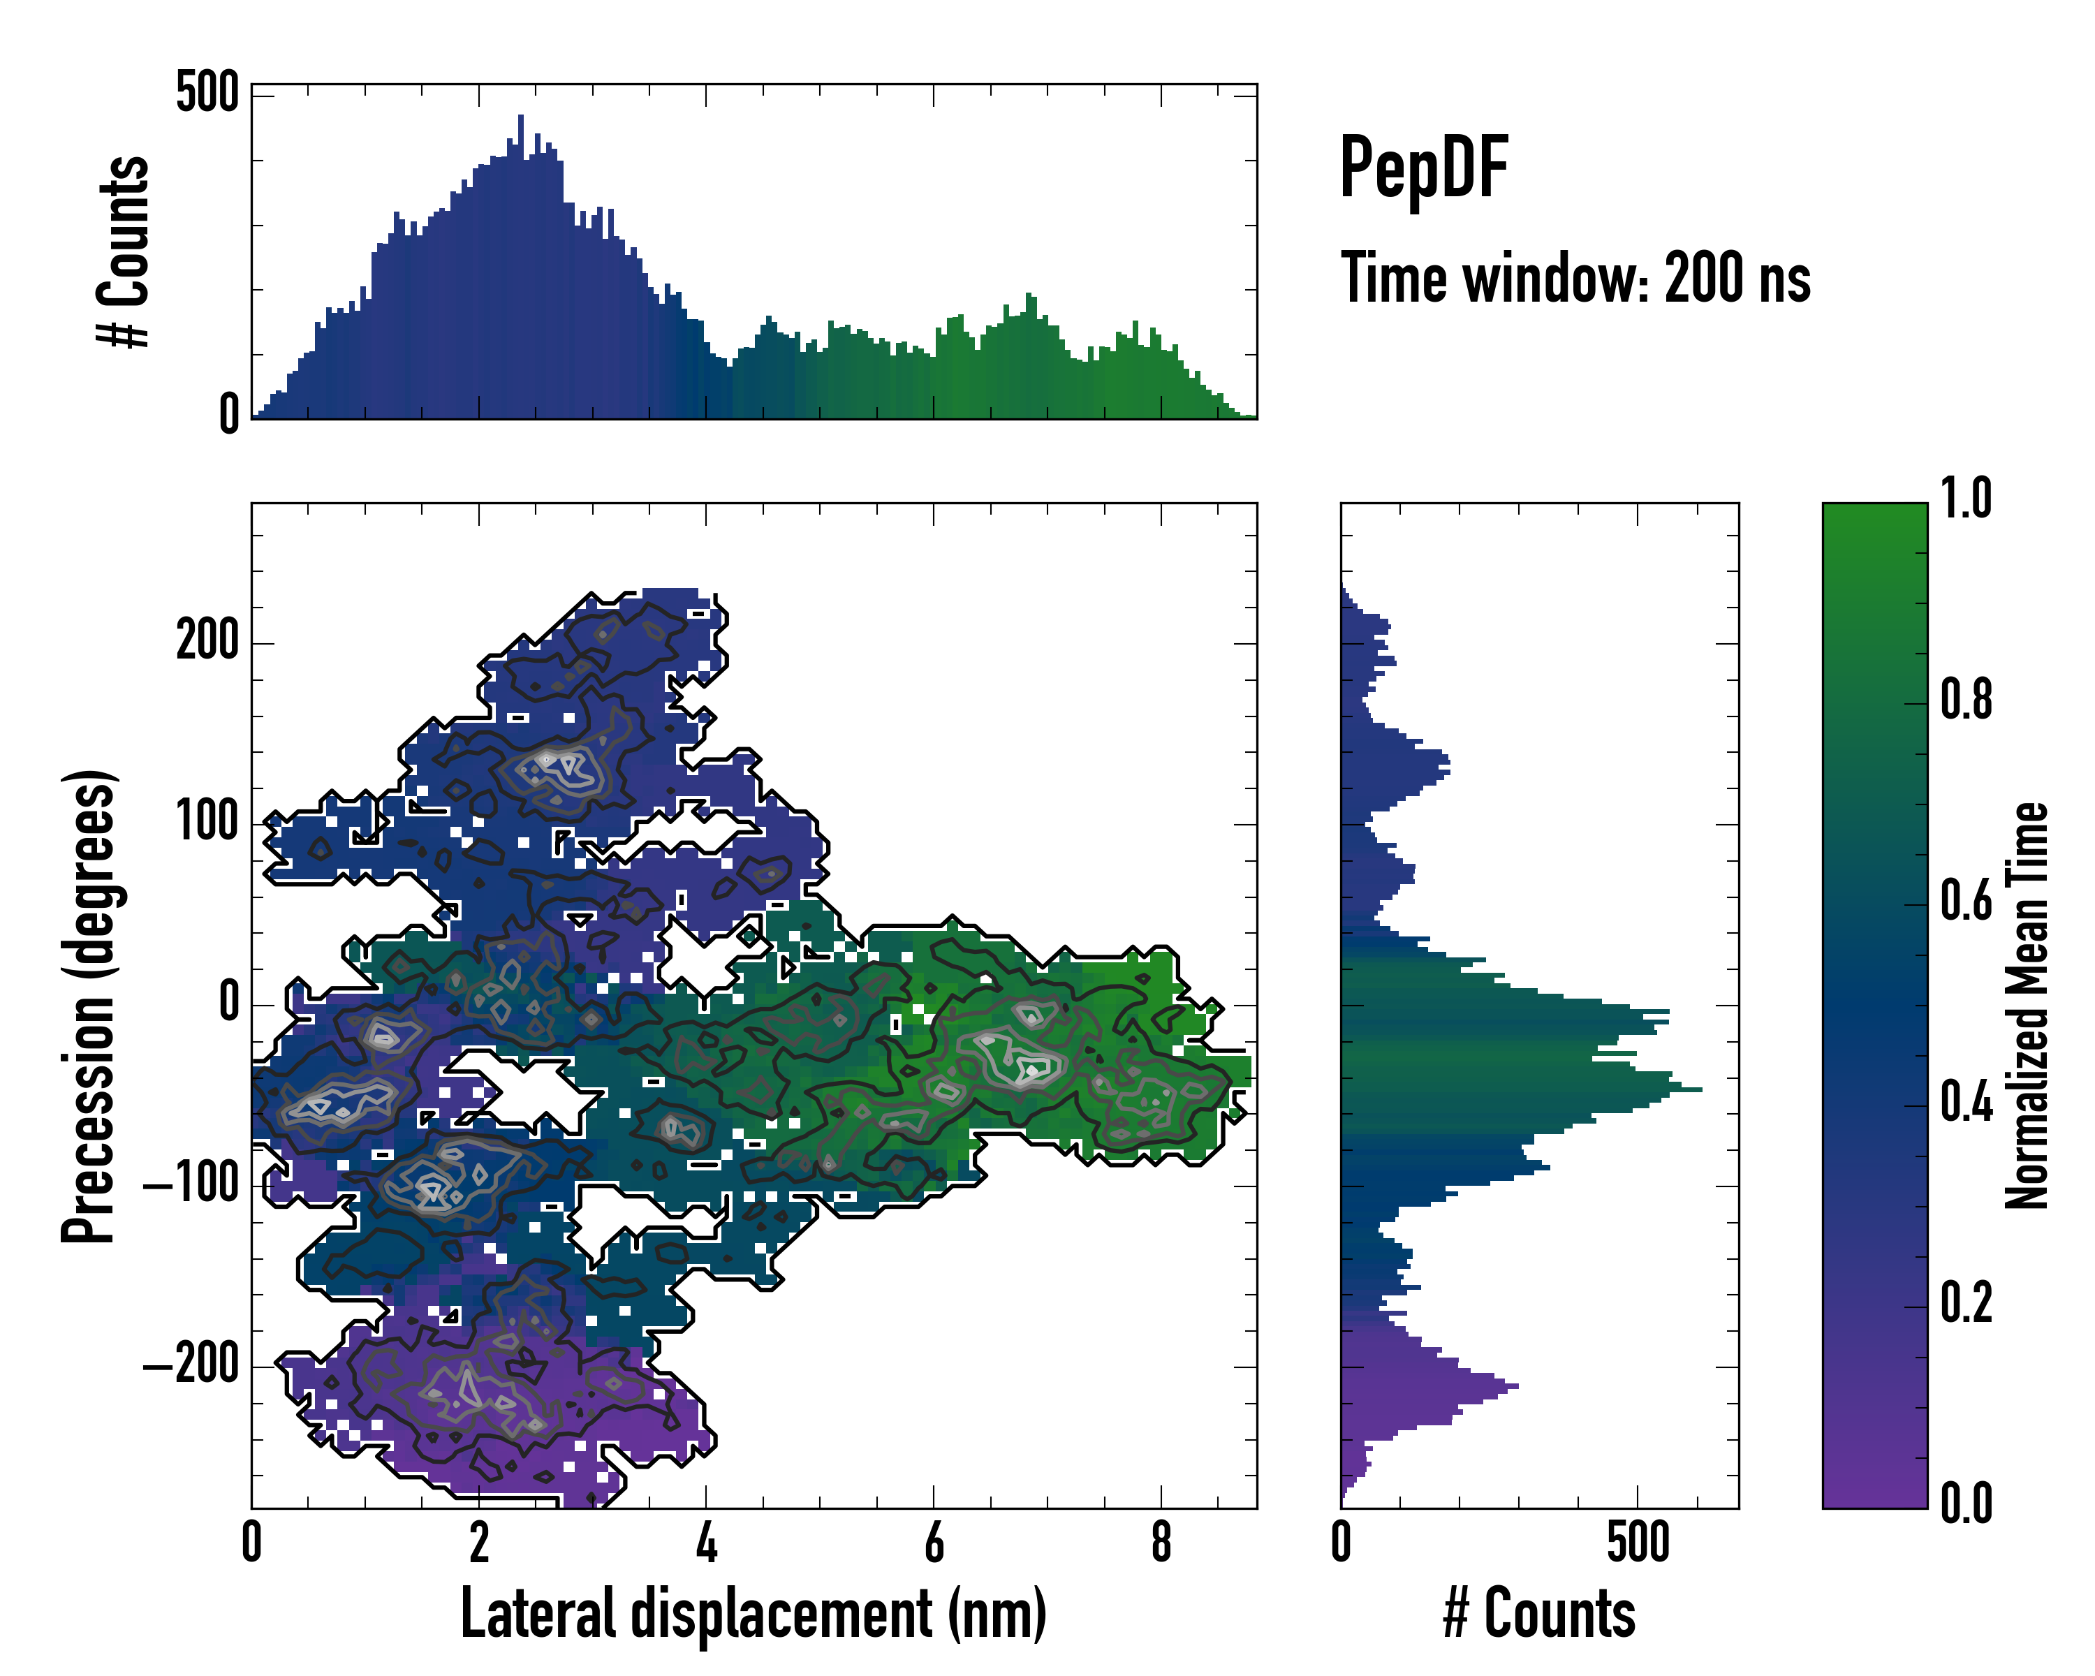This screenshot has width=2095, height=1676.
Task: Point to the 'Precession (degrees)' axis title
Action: tap(89, 1006)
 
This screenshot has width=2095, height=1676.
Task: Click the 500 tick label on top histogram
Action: tap(207, 94)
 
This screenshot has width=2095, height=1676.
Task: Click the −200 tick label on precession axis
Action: tap(191, 1366)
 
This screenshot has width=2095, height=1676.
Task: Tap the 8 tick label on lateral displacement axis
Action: tap(1161, 1543)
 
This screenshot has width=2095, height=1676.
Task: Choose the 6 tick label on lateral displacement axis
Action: tap(934, 1543)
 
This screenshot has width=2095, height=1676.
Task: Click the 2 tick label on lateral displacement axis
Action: tap(479, 1543)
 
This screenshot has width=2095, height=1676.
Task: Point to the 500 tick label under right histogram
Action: tap(1638, 1543)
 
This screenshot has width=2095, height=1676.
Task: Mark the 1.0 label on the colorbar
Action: tap(1966, 499)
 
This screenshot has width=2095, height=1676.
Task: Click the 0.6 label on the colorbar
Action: tap(1966, 902)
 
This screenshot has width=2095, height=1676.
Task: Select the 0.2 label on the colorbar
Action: tap(1966, 1304)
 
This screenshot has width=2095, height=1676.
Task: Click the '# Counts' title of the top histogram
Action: tap(124, 251)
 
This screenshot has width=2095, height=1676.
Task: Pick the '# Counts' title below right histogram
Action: tap(1539, 1614)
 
